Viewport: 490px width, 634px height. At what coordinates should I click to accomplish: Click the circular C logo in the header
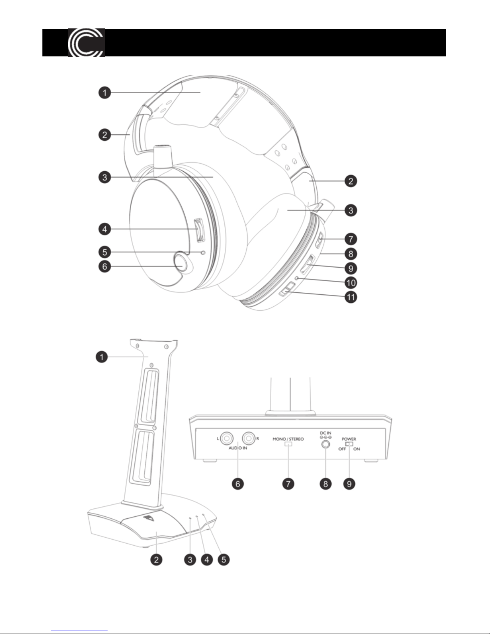pyautogui.click(x=86, y=42)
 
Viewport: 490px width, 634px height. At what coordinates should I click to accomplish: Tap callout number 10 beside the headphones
pyautogui.click(x=351, y=283)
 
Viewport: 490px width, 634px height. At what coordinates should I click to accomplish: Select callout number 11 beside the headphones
pyautogui.click(x=351, y=298)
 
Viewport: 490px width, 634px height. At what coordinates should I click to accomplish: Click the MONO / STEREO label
pyautogui.click(x=288, y=439)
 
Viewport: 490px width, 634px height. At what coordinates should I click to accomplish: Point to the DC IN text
pyautogui.click(x=326, y=433)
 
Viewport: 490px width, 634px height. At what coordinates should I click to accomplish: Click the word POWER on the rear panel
pyautogui.click(x=349, y=439)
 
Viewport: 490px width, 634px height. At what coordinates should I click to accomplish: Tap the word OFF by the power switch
pyautogui.click(x=342, y=449)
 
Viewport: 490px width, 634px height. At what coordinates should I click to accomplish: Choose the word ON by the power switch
pyautogui.click(x=356, y=449)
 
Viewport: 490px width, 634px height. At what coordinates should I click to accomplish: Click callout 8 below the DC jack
pyautogui.click(x=326, y=484)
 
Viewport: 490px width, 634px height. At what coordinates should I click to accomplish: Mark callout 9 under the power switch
pyautogui.click(x=349, y=484)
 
